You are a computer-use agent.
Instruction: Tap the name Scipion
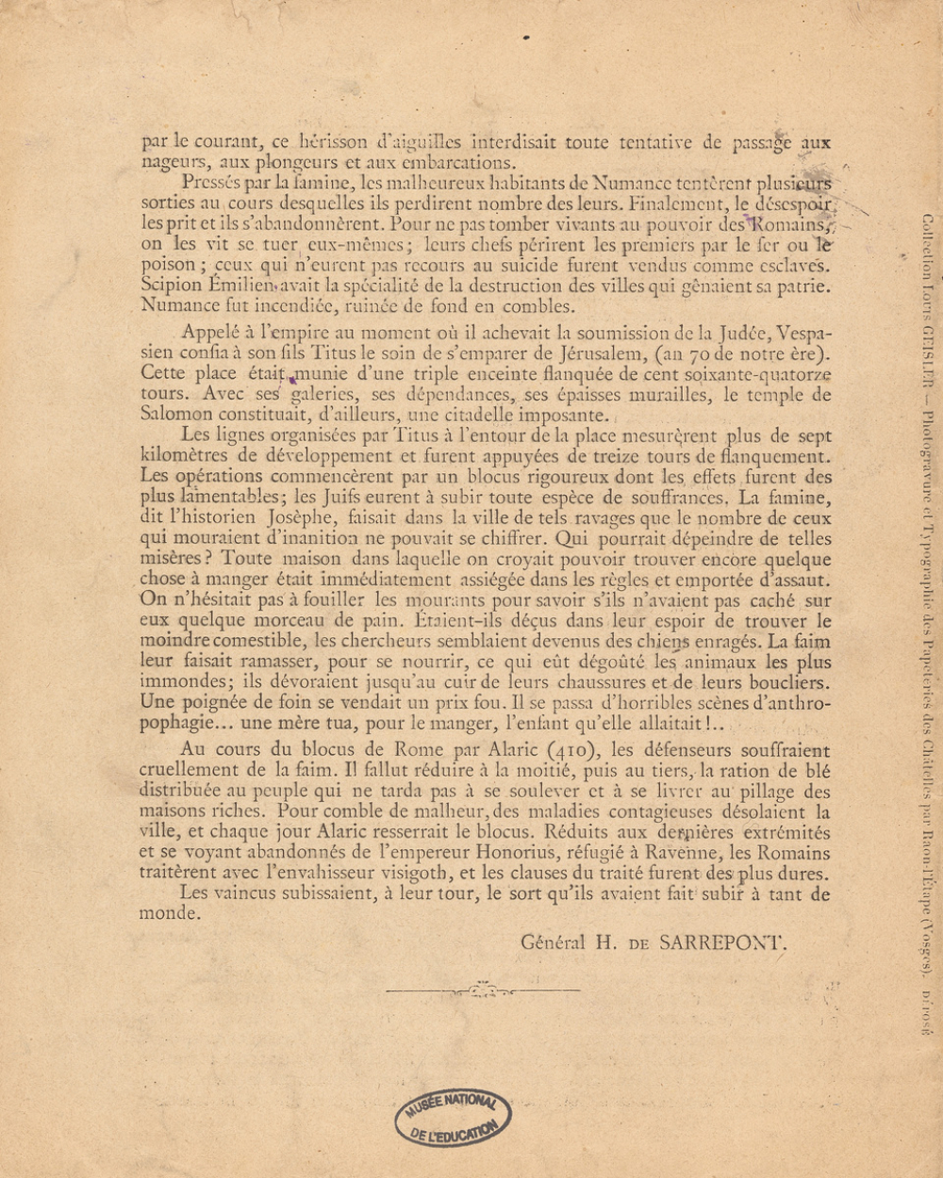[x=171, y=286]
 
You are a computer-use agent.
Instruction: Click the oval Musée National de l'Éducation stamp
[x=454, y=1118]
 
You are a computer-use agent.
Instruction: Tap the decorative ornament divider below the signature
[x=471, y=990]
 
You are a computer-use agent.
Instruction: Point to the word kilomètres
[x=183, y=456]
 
